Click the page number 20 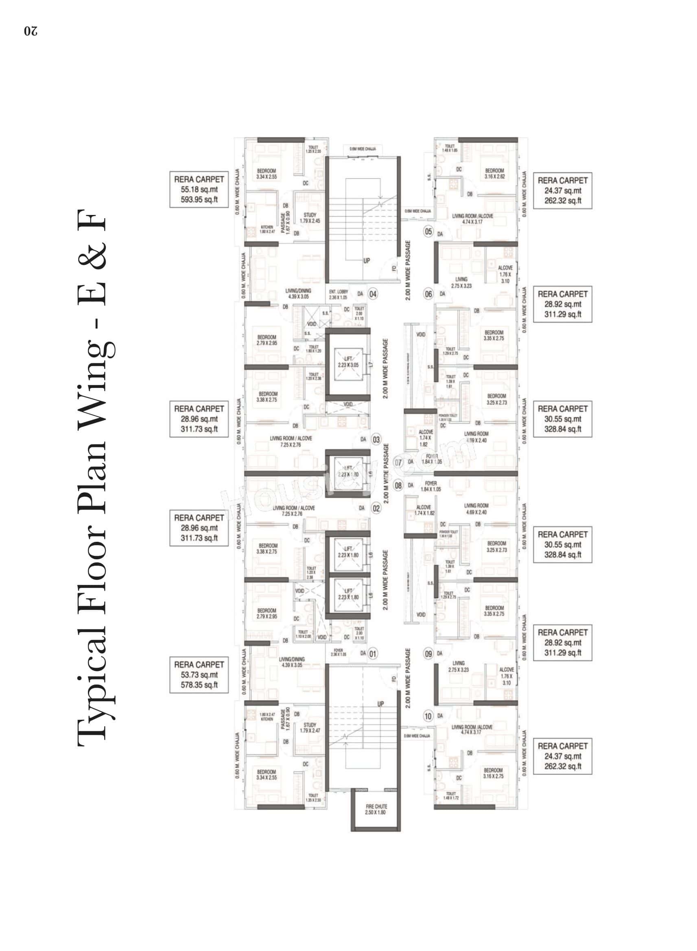pyautogui.click(x=31, y=32)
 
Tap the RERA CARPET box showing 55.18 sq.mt pyautogui.click(x=199, y=189)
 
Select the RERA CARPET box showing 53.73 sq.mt pyautogui.click(x=199, y=675)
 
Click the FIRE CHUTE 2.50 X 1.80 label pyautogui.click(x=376, y=809)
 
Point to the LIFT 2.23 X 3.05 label pyautogui.click(x=348, y=362)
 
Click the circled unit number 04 pyautogui.click(x=373, y=294)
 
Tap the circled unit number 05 pyautogui.click(x=428, y=231)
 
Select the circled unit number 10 pyautogui.click(x=428, y=716)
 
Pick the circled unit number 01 pyautogui.click(x=373, y=654)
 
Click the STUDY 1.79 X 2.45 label pyautogui.click(x=310, y=218)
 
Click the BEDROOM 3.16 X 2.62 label pyautogui.click(x=494, y=173)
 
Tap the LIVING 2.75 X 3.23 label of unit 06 pyautogui.click(x=461, y=283)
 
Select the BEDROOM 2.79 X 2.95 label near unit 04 pyautogui.click(x=267, y=340)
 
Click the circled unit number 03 pyautogui.click(x=376, y=439)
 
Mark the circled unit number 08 pyautogui.click(x=398, y=485)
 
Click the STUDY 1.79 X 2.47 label pyautogui.click(x=310, y=727)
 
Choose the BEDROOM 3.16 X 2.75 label pyautogui.click(x=493, y=773)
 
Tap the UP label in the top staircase pyautogui.click(x=366, y=261)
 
